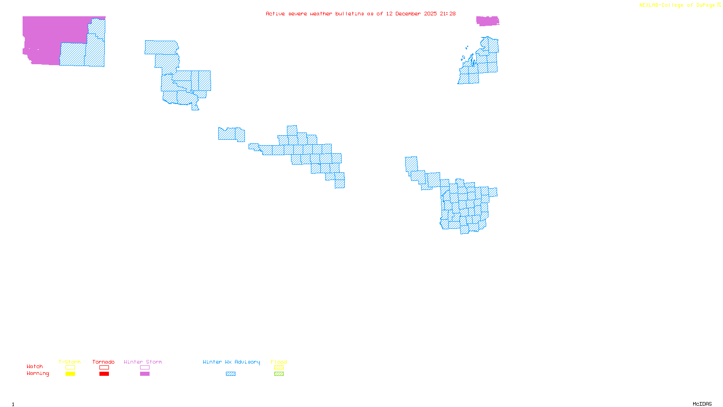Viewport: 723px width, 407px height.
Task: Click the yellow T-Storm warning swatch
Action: tap(70, 374)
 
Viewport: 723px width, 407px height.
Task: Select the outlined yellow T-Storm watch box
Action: tap(70, 368)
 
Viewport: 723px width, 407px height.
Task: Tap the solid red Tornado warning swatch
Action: tap(104, 374)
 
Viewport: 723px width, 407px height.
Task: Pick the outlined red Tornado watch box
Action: tap(104, 368)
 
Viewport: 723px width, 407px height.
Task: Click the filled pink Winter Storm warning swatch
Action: tap(145, 374)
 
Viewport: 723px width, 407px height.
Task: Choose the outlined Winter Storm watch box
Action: tap(145, 368)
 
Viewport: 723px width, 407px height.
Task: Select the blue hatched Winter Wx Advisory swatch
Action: tap(230, 374)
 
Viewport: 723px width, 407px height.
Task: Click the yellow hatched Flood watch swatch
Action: tap(279, 368)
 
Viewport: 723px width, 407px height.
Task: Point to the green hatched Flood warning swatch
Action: tap(279, 374)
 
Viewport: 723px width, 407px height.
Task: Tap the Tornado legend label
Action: tap(103, 362)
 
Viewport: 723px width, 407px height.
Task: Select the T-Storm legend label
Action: tap(70, 362)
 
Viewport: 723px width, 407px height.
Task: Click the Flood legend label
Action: tap(279, 362)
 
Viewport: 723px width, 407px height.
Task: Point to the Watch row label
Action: tap(35, 366)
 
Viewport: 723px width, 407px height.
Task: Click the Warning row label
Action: tap(38, 374)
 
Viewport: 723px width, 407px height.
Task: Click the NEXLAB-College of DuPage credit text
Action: tap(677, 5)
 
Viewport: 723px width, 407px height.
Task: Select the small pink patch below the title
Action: tap(488, 21)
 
